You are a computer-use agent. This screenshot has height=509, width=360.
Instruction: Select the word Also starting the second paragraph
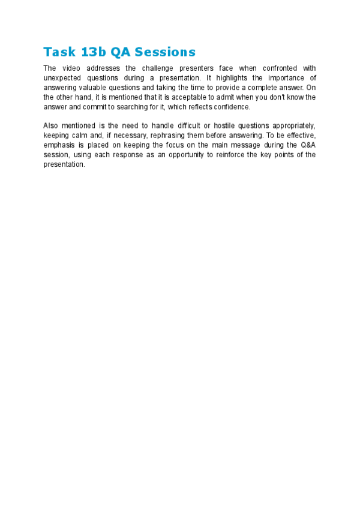click(52, 125)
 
